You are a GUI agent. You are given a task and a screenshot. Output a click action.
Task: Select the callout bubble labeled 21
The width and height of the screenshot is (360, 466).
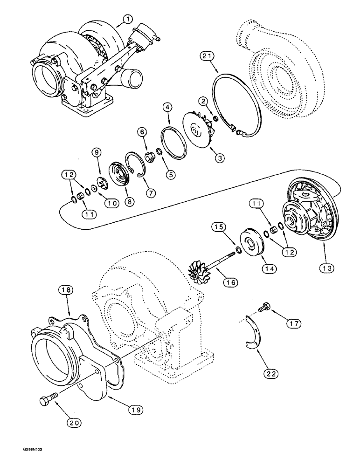click(x=222, y=56)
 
